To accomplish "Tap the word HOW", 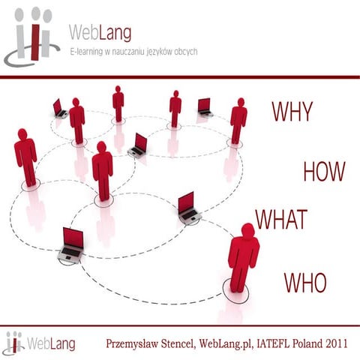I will (324, 172).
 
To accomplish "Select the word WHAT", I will (281, 219).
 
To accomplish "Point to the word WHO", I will (305, 282).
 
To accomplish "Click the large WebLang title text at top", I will (100, 33).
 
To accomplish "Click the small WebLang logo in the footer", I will (13, 343).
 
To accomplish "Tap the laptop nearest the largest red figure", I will (187, 207).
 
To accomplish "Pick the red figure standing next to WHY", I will (238, 121).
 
